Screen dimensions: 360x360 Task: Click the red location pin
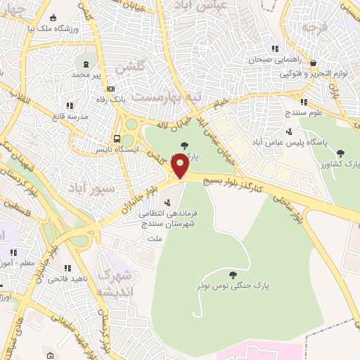point(181,165)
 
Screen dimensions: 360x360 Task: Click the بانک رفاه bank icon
point(111,89)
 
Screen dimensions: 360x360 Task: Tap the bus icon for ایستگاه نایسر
point(117,139)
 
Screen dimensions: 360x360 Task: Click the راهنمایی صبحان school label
point(276,60)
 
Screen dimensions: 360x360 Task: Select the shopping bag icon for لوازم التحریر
point(312,63)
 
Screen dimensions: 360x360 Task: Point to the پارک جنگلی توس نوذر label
point(232,286)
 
